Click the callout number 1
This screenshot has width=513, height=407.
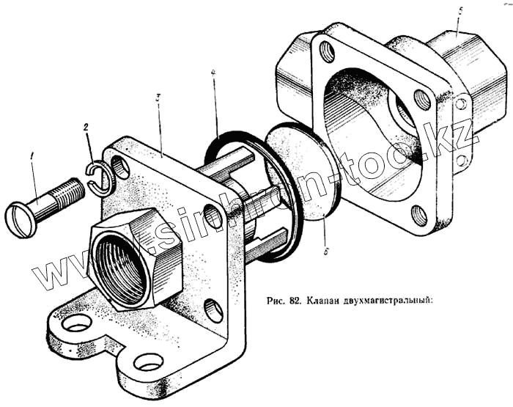32,155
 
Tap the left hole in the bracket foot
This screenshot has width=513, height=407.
77,322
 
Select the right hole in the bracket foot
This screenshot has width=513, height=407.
149,361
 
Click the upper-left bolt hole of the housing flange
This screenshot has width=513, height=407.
327,51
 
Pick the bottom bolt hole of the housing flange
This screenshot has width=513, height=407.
418,216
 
